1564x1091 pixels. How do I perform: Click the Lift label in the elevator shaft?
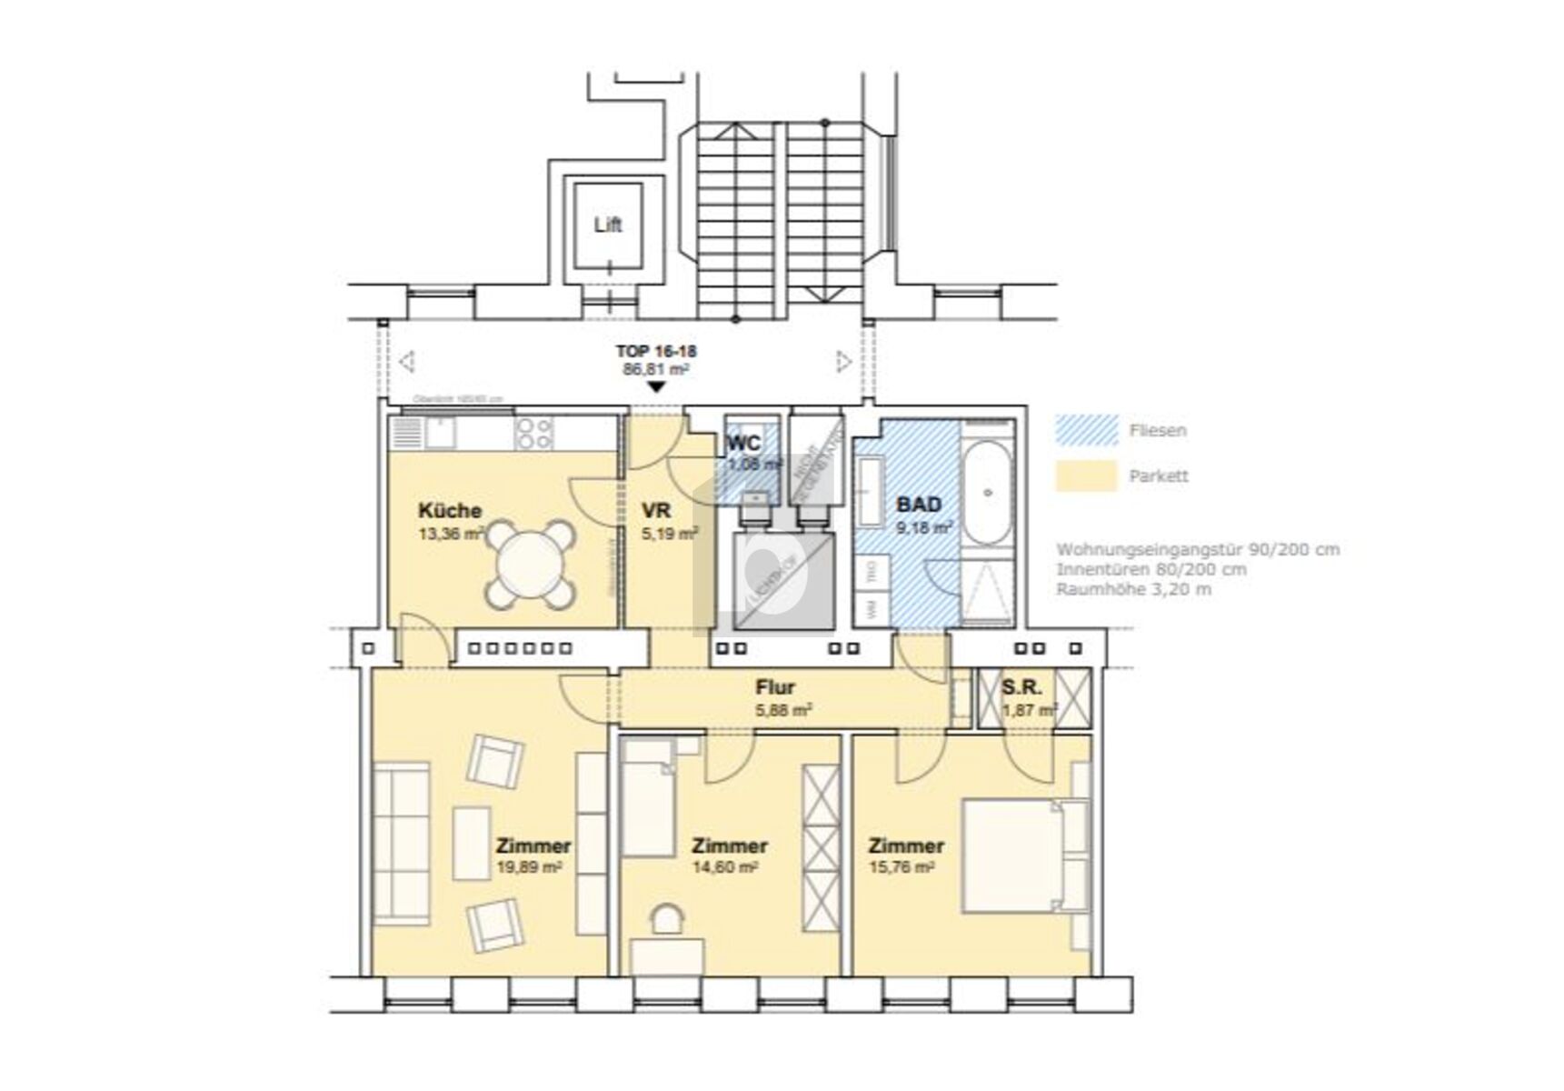[608, 224]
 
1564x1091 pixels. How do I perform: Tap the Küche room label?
[449, 510]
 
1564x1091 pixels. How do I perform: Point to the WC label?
[744, 444]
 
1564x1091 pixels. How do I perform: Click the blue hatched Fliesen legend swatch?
[1086, 430]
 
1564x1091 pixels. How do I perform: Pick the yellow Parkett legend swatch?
[1086, 475]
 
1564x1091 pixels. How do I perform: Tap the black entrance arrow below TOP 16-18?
[656, 387]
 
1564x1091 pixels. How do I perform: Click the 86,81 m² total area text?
[655, 369]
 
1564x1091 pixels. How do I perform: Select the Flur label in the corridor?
[775, 688]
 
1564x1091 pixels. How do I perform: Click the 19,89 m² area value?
[529, 866]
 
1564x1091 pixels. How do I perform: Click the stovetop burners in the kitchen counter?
[533, 433]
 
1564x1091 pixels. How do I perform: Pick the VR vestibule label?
[655, 510]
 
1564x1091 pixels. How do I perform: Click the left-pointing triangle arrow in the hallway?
[407, 362]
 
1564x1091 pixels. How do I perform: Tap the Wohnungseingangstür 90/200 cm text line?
[1197, 549]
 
